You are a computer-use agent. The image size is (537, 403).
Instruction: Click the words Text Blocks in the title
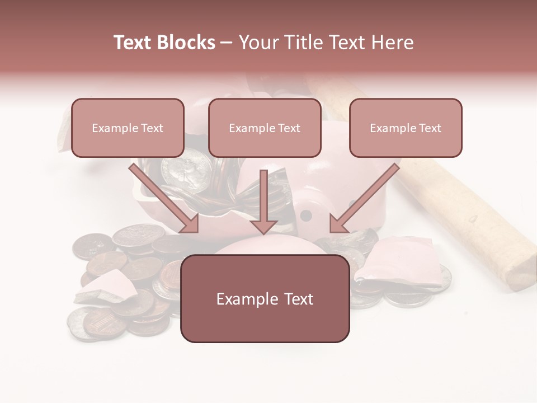(x=164, y=43)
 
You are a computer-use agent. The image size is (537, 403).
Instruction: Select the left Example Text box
(x=128, y=128)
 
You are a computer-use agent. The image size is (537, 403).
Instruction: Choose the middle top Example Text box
(x=265, y=128)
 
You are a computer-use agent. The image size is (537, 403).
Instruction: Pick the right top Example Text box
(x=406, y=128)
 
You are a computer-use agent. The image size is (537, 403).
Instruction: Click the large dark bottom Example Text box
(x=265, y=299)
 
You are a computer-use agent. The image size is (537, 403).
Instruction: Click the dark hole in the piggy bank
(x=305, y=215)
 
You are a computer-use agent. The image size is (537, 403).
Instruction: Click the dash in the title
(x=227, y=43)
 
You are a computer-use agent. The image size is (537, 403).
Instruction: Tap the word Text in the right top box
(x=430, y=128)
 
